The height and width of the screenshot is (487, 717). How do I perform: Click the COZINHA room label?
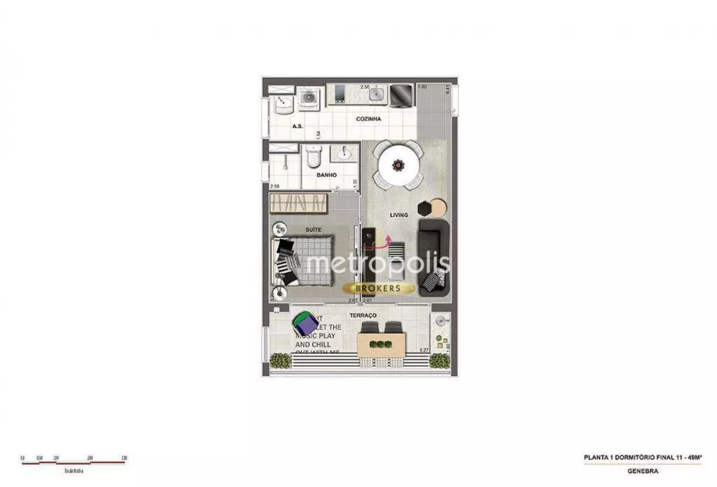pyautogui.click(x=369, y=119)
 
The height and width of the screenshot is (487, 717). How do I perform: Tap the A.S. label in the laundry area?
pyautogui.click(x=298, y=127)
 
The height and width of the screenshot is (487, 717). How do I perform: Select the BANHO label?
pyautogui.click(x=326, y=175)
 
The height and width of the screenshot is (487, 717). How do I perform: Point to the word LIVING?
pyautogui.click(x=399, y=215)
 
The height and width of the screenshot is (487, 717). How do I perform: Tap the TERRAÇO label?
pyautogui.click(x=363, y=315)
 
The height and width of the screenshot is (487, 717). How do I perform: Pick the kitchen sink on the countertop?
pyautogui.click(x=375, y=94)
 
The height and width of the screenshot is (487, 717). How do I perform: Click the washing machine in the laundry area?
pyautogui.click(x=309, y=98)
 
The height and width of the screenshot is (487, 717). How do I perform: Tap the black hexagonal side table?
pyautogui.click(x=425, y=208)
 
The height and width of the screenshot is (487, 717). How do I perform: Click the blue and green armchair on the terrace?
pyautogui.click(x=305, y=324)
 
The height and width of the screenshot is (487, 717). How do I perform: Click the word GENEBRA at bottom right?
pyautogui.click(x=642, y=471)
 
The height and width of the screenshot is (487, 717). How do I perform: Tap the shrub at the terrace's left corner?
pyautogui.click(x=280, y=361)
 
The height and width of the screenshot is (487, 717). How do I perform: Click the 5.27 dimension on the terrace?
pyautogui.click(x=424, y=350)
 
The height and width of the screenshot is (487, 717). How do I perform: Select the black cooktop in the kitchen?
pyautogui.click(x=401, y=95)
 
